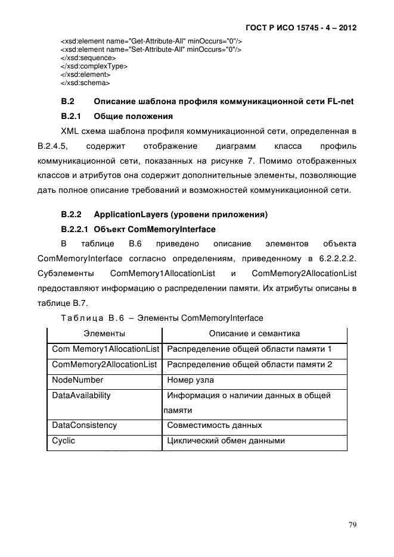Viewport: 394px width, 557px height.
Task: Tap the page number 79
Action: click(352, 524)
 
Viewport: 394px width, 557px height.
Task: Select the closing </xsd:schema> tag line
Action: click(85, 83)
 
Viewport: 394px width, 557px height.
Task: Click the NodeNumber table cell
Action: click(77, 380)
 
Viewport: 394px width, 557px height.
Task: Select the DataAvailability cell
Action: click(81, 395)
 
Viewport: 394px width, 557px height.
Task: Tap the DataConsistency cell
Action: click(84, 425)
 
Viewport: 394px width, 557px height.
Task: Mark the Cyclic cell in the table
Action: click(64, 441)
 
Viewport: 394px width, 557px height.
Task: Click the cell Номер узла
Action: click(190, 380)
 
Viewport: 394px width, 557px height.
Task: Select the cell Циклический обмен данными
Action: click(226, 441)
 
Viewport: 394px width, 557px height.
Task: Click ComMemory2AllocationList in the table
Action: click(104, 364)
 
